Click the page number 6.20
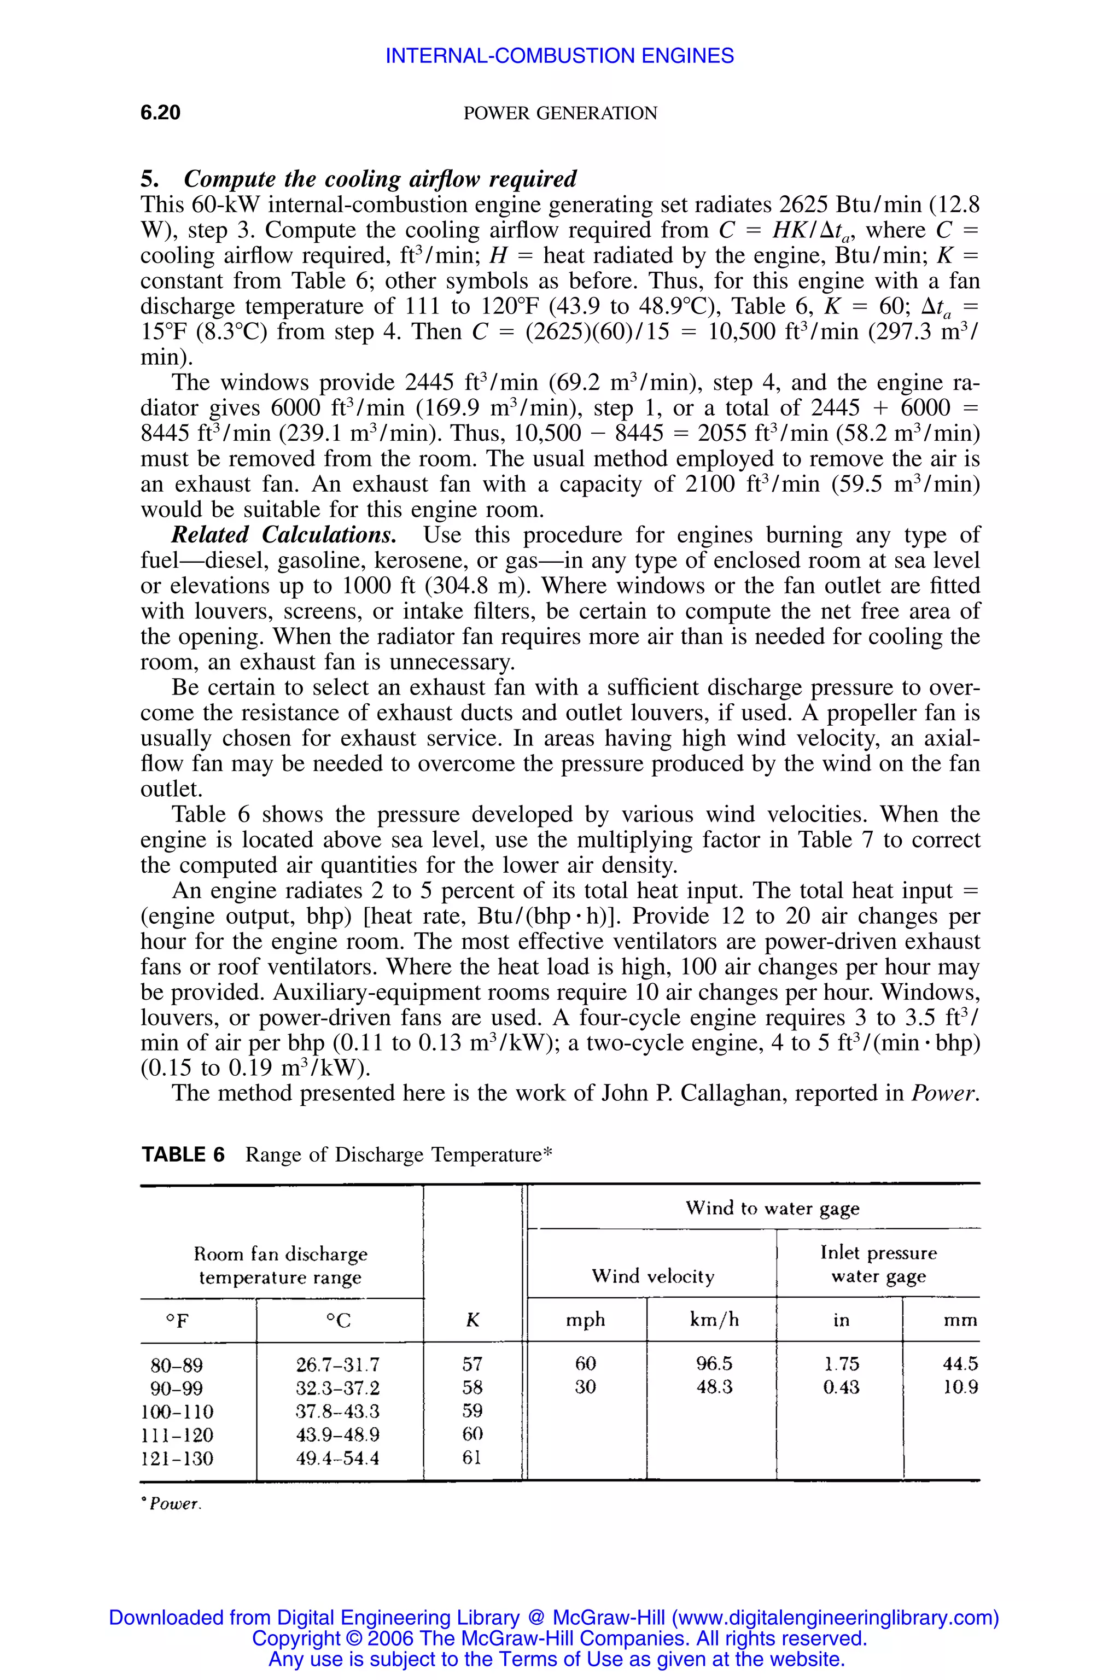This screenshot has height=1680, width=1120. [161, 113]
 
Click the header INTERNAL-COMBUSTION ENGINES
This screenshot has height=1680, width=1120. [559, 56]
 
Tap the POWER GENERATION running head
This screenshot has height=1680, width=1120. [560, 114]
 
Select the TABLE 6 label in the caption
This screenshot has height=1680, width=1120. [183, 1155]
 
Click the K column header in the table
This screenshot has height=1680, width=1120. [472, 1320]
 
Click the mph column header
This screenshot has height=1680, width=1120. [585, 1320]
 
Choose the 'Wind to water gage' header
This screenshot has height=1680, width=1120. [772, 1208]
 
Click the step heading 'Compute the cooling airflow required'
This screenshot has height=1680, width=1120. [380, 179]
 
